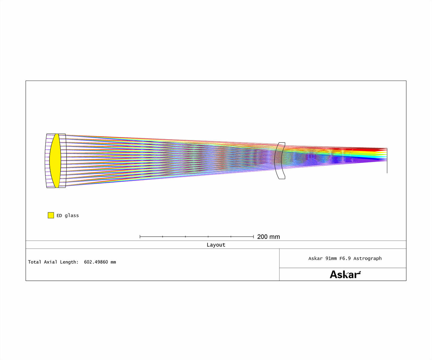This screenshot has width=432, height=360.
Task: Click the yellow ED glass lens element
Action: click(x=55, y=160)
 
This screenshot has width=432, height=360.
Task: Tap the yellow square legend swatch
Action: click(x=51, y=215)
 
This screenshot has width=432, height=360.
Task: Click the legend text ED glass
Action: click(x=68, y=215)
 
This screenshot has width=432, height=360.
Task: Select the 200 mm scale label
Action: click(x=268, y=237)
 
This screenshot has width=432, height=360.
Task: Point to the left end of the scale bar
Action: click(x=140, y=236)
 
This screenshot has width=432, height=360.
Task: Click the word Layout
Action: click(x=216, y=245)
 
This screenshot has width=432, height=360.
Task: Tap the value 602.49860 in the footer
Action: click(x=96, y=262)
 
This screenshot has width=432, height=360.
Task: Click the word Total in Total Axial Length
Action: click(x=34, y=262)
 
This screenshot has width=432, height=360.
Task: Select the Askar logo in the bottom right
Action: click(x=345, y=274)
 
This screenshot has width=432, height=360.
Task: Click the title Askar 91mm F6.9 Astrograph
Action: click(x=345, y=258)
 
